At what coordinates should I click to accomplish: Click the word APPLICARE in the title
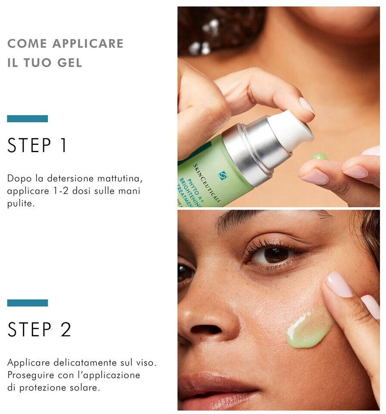88,43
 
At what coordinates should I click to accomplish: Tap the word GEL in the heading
70,63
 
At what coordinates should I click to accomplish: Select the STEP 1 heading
37,145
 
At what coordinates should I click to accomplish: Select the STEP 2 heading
39,329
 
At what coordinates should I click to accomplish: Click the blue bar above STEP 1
28,119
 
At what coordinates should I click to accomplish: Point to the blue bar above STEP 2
28,303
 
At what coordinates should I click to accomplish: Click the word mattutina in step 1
120,178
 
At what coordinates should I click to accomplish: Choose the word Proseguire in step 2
30,375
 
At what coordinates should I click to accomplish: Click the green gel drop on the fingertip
320,156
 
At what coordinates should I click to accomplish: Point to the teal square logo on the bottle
222,175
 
